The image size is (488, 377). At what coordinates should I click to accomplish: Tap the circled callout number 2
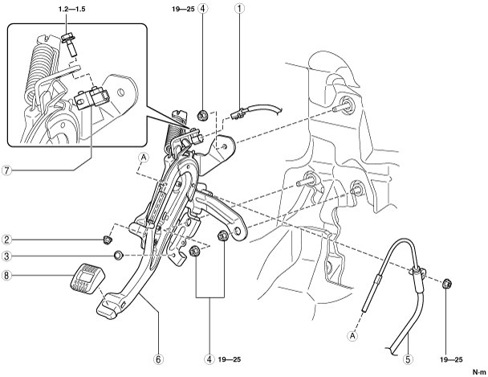click(6, 239)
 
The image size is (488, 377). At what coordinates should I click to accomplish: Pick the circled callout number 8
click(6, 276)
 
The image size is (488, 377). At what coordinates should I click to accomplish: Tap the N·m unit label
click(478, 370)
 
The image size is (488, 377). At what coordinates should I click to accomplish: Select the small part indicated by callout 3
click(117, 256)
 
